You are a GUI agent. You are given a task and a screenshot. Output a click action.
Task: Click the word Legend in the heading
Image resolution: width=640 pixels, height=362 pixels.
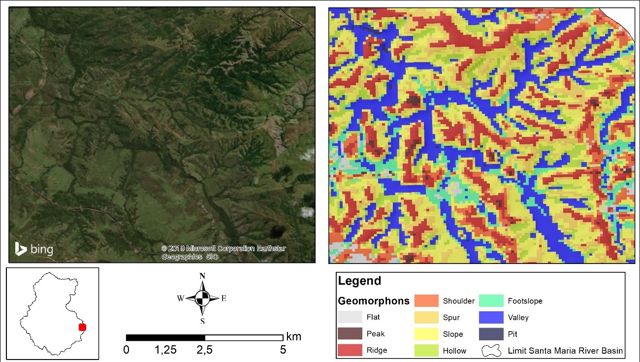359,281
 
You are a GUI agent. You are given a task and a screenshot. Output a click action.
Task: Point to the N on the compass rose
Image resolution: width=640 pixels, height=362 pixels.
202,276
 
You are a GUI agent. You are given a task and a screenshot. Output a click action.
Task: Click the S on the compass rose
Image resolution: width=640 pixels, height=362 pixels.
202,322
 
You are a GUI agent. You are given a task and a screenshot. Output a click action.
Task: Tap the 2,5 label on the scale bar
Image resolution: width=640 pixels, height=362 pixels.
204,350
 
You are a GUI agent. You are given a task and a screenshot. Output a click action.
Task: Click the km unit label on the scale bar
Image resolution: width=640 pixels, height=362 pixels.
293,337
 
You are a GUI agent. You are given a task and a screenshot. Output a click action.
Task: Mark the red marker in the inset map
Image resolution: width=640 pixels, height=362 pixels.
82,327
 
